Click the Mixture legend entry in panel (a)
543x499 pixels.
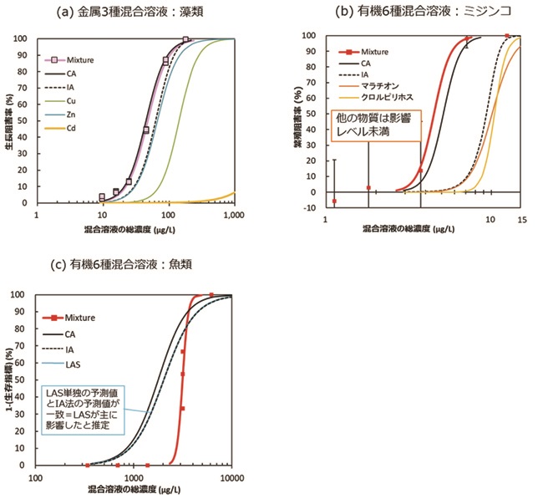click(77, 59)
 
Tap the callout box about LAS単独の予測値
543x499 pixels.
click(83, 410)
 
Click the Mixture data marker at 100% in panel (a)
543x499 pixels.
click(185, 39)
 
